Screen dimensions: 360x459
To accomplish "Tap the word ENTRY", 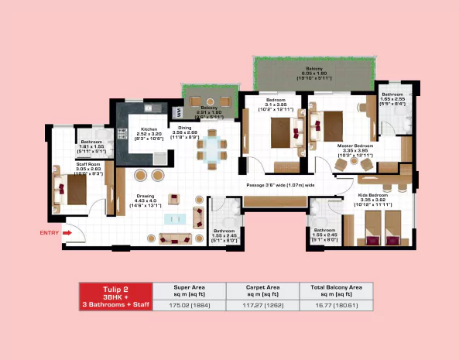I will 49,231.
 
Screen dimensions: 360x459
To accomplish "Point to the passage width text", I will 280,186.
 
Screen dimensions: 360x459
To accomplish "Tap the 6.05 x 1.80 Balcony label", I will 313,74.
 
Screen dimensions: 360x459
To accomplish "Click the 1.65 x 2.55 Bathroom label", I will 392,98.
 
